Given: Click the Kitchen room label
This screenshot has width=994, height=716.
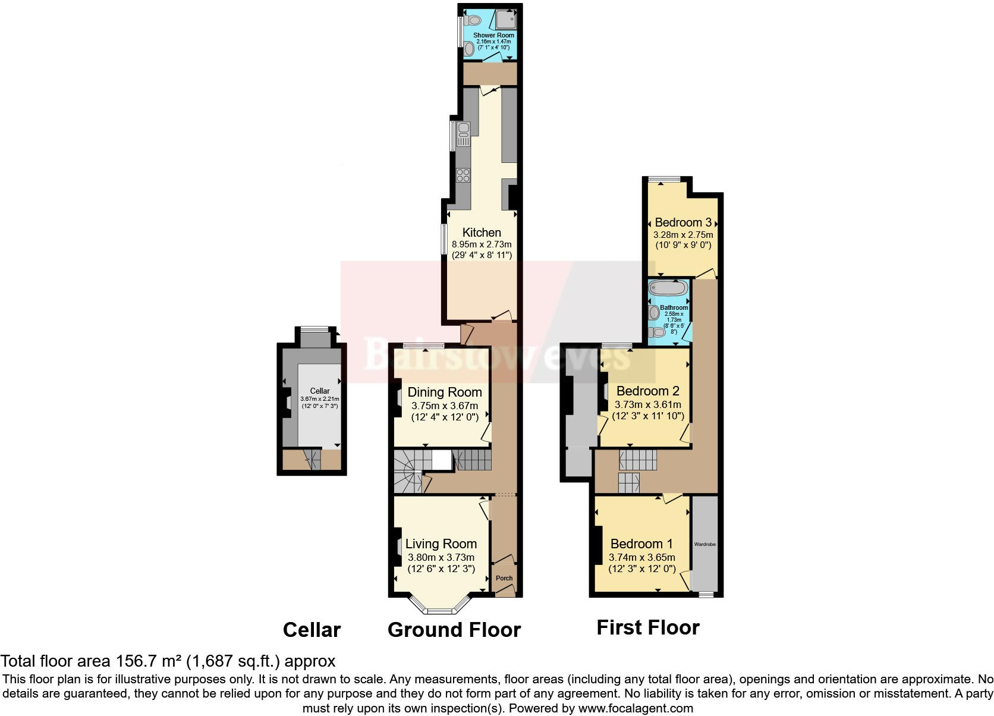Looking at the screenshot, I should tap(482, 233).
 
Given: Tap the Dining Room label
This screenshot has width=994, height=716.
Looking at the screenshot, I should tap(445, 392).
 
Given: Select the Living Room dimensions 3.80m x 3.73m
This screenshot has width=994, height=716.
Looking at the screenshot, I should tap(441, 557).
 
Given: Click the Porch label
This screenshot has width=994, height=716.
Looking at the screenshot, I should tap(504, 578).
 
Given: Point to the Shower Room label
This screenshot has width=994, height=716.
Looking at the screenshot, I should tap(493, 36).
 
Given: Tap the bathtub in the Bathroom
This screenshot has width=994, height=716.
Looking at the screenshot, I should tap(668, 288).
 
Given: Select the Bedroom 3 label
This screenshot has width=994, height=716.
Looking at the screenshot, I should tap(683, 222).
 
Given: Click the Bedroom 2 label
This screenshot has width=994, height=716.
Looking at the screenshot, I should tap(647, 391).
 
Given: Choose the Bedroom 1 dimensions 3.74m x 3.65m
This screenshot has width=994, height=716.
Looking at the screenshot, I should tap(641, 557).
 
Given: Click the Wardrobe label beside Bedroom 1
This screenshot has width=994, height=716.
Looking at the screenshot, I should tap(705, 544).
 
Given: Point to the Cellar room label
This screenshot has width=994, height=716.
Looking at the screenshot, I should tap(320, 391).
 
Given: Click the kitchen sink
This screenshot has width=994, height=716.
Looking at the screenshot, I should tap(464, 134).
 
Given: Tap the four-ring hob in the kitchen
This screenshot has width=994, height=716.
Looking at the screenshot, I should tap(463, 175).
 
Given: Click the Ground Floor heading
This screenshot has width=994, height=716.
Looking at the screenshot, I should tap(454, 630).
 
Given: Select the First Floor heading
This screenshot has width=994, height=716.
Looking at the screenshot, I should tap(648, 627).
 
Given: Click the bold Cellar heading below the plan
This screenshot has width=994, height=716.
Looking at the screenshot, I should tap(312, 630).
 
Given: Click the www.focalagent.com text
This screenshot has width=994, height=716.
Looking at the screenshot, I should tap(636, 708).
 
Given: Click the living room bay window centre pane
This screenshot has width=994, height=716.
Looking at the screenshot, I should tap(441, 611).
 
